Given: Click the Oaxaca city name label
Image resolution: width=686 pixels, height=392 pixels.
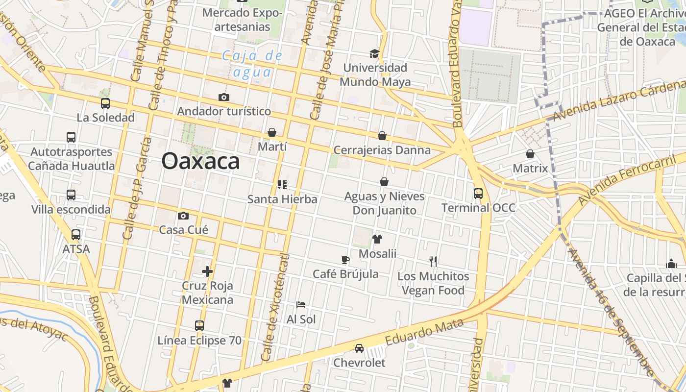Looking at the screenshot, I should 200,161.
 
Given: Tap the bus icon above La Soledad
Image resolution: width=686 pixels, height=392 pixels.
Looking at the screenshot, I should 105,103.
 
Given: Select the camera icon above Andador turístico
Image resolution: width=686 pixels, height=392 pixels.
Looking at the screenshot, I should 224,97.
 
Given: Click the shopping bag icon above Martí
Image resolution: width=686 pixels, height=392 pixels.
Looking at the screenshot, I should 272,132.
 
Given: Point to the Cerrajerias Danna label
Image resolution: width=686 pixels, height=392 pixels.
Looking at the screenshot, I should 382,150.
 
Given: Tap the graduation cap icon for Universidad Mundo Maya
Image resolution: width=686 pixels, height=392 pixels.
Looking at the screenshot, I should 374,53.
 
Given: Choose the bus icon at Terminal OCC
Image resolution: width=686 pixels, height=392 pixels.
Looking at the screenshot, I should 478,194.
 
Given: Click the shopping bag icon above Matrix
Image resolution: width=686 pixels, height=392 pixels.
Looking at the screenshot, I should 530,154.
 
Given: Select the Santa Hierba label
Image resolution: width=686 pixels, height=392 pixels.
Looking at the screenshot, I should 282,199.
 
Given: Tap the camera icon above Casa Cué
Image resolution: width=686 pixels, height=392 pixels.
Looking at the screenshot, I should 183,216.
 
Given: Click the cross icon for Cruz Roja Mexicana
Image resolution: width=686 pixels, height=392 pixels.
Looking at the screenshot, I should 207,271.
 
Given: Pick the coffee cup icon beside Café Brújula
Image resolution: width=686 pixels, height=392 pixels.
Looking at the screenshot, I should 345,260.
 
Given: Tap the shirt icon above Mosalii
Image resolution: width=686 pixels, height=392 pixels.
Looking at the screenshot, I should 377,239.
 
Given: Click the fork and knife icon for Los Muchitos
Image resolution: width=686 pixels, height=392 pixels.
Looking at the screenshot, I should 433,262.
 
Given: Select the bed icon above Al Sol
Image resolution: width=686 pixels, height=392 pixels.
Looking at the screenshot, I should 301,305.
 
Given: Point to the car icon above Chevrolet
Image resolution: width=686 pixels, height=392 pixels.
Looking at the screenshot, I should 359,348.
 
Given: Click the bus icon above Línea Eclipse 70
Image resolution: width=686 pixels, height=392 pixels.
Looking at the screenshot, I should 199,326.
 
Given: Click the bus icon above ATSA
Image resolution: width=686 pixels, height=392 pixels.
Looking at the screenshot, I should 76,235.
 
